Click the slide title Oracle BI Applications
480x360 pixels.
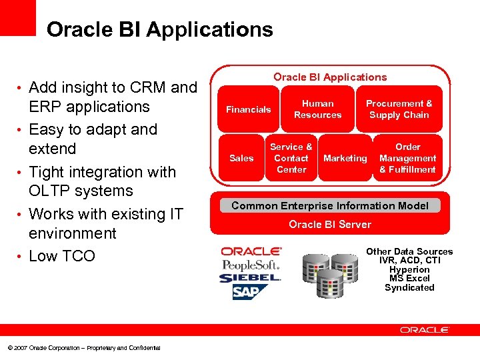160,29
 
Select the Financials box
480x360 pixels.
248,109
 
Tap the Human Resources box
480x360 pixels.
317,109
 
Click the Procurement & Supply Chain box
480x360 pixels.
399,109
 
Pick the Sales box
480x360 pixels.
241,158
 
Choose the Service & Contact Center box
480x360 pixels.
291,158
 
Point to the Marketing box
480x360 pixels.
345,158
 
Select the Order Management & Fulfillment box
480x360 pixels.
407,158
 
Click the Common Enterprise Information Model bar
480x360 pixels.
329,205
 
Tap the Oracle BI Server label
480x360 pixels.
329,224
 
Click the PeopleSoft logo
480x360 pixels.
251,265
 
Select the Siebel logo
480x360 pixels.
251,278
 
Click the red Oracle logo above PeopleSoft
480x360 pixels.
251,251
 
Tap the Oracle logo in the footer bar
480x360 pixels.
425,330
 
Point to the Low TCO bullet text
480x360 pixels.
62,256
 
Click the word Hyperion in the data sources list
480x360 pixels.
409,269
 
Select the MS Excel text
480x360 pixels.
409,279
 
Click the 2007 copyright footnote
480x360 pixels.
83,348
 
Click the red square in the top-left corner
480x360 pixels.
17,17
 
